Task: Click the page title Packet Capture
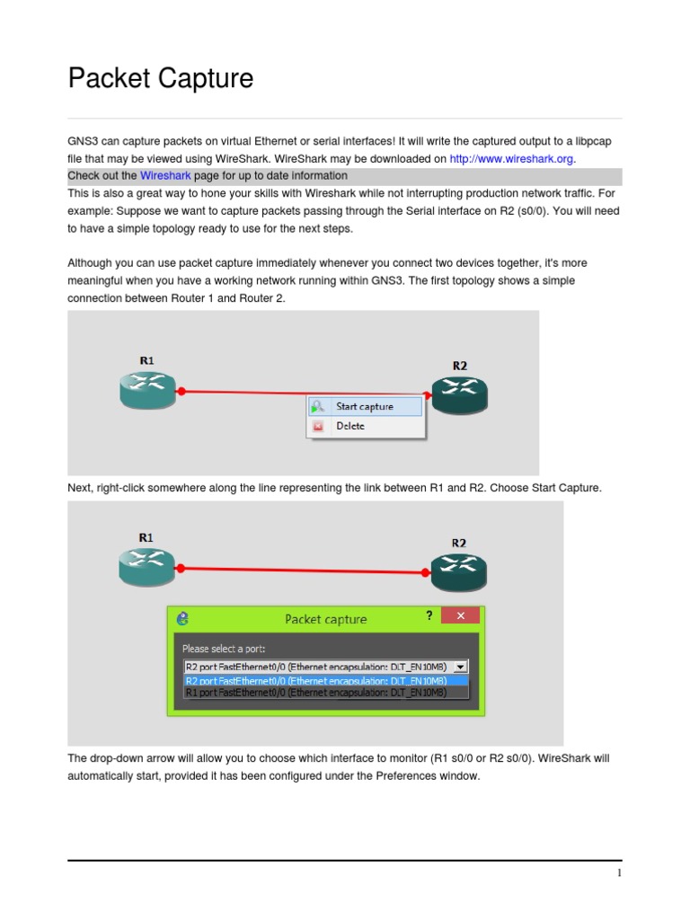pyautogui.click(x=161, y=79)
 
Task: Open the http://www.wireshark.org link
pyautogui.click(x=512, y=158)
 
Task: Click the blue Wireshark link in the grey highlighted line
pyautogui.click(x=165, y=175)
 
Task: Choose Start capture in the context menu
pyautogui.click(x=364, y=406)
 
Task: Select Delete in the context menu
pyautogui.click(x=349, y=426)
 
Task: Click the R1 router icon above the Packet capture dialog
pyautogui.click(x=146, y=563)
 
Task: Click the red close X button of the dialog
pyautogui.click(x=461, y=616)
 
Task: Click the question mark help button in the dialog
pyautogui.click(x=429, y=616)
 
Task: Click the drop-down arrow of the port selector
pyautogui.click(x=460, y=667)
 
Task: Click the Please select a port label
pyautogui.click(x=224, y=648)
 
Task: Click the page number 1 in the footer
pyautogui.click(x=618, y=873)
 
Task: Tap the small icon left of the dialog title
pyautogui.click(x=183, y=618)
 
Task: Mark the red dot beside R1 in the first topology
pyautogui.click(x=181, y=392)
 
